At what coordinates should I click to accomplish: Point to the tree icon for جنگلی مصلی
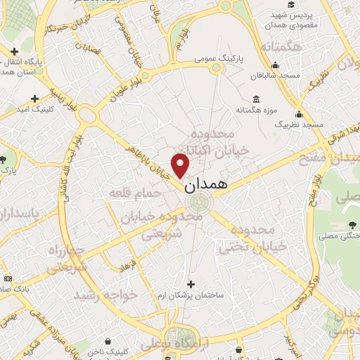[350, 226]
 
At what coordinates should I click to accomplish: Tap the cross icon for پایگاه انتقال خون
[15, 51]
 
